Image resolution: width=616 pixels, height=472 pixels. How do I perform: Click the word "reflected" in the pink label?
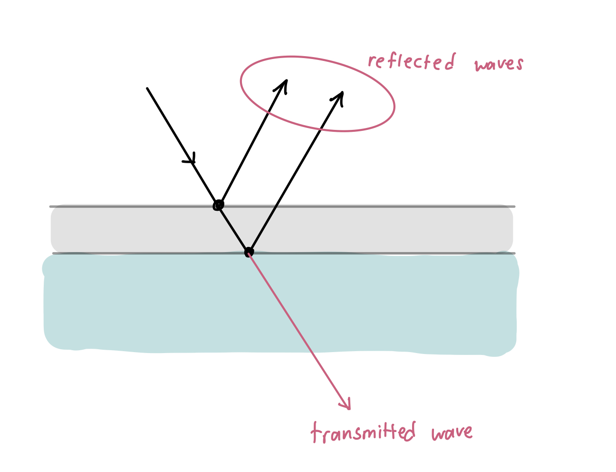(x=411, y=62)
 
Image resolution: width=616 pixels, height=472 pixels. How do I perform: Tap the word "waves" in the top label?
(x=498, y=64)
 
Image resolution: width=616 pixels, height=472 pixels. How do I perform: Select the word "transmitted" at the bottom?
(x=363, y=432)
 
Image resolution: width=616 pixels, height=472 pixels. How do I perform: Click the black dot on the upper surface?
(x=218, y=205)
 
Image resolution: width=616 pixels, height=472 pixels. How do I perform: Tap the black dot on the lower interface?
(x=249, y=252)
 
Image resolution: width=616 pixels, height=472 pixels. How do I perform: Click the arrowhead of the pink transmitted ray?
(x=347, y=404)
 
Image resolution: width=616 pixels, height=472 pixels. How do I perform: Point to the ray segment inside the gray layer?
(x=233, y=229)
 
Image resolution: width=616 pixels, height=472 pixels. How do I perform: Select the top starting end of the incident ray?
(x=148, y=89)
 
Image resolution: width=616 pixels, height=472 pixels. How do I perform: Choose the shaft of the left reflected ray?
(x=252, y=143)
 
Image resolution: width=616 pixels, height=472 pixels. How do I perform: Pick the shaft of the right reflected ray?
(x=295, y=174)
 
